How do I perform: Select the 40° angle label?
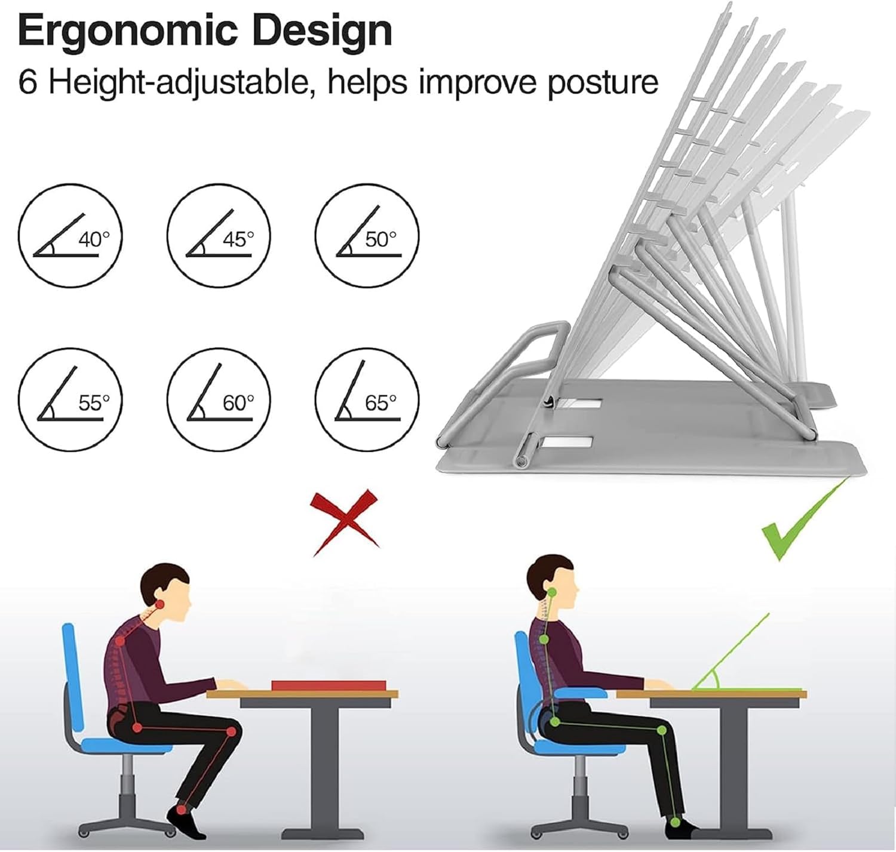94,239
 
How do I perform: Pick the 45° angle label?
238,239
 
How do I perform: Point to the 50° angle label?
381,239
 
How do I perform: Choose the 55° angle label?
94,403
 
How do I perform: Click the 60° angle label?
238,403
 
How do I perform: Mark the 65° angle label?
381,403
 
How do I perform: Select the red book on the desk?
329,685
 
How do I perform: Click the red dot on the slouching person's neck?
159,605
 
